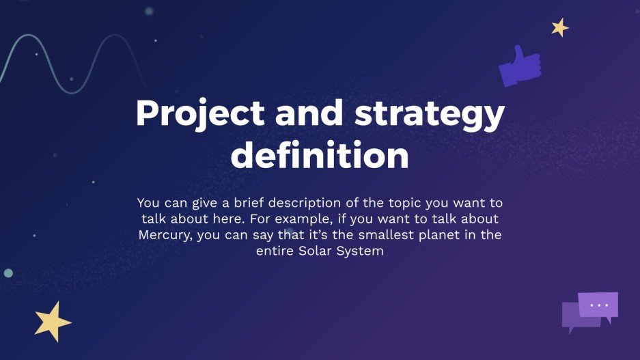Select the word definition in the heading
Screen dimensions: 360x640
320,155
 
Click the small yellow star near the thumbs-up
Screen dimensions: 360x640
560,27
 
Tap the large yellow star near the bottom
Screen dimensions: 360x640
53,321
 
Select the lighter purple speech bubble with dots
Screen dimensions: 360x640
598,305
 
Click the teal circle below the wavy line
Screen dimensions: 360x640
8,273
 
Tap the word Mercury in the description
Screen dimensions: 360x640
165,236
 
